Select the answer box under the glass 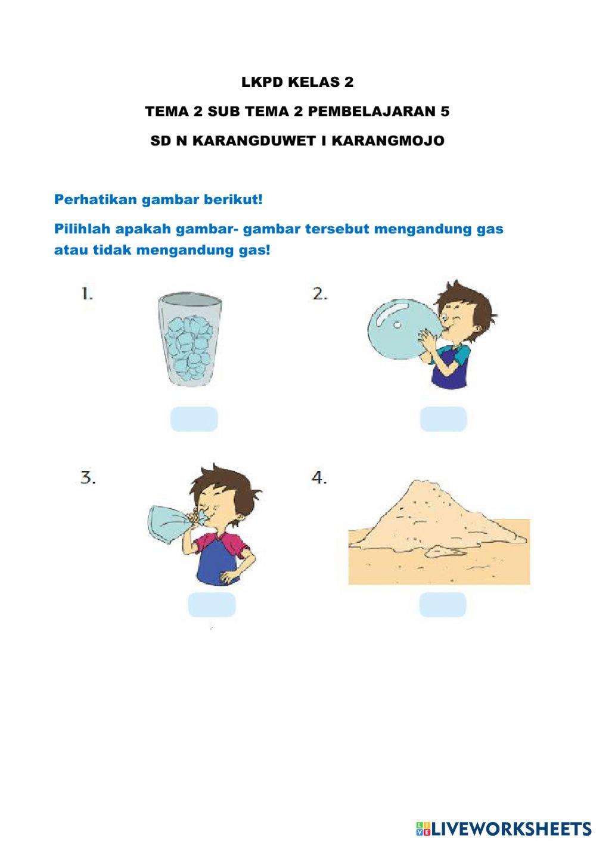tap(194, 419)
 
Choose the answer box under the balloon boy tap(443, 419)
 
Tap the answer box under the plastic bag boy tap(212, 605)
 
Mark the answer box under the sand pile tap(442, 605)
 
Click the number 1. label tap(87, 293)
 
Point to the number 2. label tap(320, 293)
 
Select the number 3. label tap(88, 477)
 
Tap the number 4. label tap(319, 477)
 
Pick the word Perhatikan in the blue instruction tap(95, 199)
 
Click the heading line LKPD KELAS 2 tap(297, 82)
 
